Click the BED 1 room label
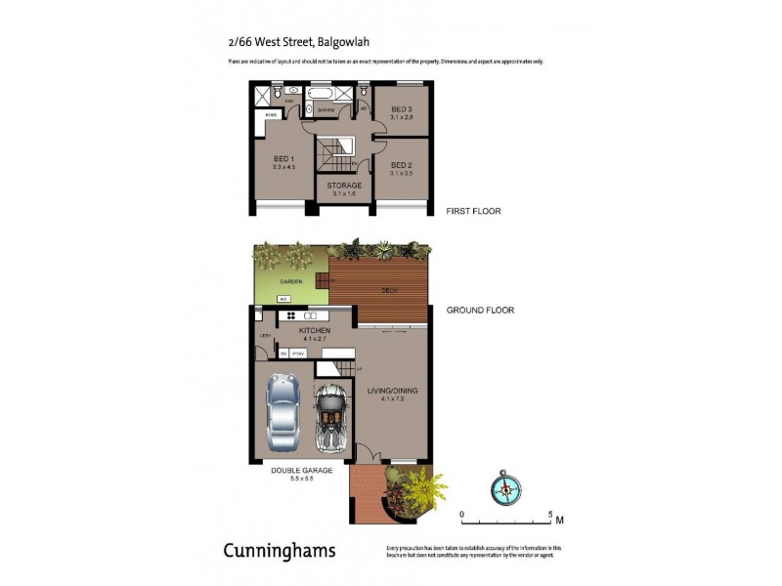pos(284,162)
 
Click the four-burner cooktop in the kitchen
pos(290,315)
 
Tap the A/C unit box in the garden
pos(283,299)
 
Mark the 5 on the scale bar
pos(550,515)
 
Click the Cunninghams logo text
pos(280,551)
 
